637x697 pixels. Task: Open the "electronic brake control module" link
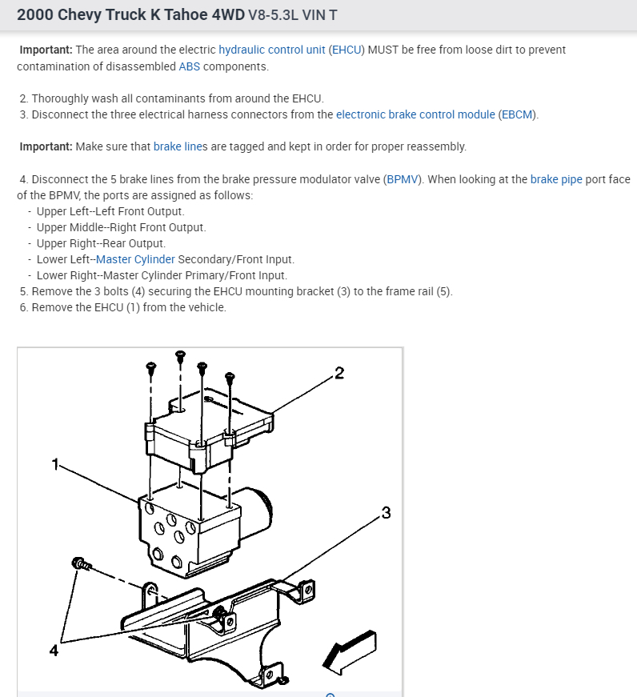[415, 114]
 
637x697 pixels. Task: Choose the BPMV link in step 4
[402, 179]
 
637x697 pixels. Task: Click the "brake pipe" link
[556, 179]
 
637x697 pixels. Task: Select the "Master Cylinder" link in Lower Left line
[135, 259]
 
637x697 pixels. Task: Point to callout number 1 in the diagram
[54, 464]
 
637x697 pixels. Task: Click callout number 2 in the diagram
[339, 374]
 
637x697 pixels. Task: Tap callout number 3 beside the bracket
[386, 513]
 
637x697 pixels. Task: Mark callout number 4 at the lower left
[54, 651]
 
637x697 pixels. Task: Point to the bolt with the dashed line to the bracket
[80, 564]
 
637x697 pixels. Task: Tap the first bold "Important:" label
[46, 50]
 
